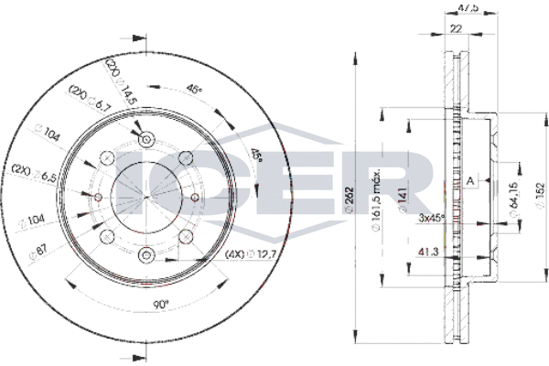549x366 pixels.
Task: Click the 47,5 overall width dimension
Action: click(467, 8)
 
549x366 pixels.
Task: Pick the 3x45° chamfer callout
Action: click(432, 218)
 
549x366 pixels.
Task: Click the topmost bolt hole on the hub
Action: click(146, 138)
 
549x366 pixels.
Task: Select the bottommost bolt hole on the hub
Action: click(146, 253)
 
